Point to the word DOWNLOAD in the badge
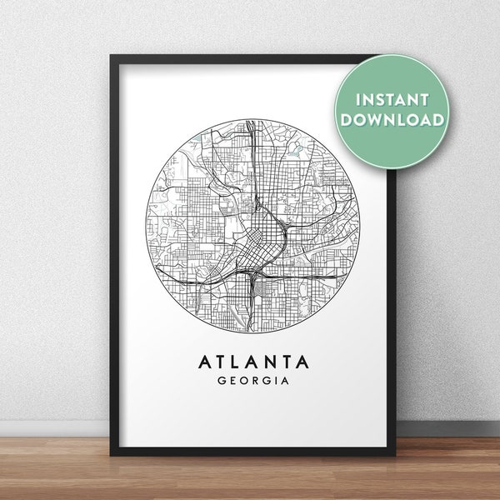390,120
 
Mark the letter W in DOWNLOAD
376,120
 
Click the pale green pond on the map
295,150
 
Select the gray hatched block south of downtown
262,289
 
